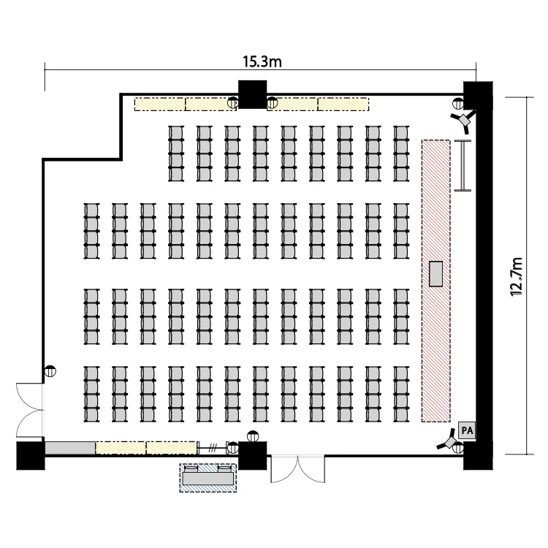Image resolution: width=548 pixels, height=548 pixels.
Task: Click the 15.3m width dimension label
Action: pyautogui.click(x=262, y=61)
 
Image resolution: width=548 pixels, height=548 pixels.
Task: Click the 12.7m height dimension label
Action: pyautogui.click(x=517, y=277)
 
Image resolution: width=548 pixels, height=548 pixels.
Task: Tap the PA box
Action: pyautogui.click(x=467, y=430)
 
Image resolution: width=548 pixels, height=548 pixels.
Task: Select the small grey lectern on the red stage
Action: pyautogui.click(x=435, y=274)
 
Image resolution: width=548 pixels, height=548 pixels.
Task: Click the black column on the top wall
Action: pyautogui.click(x=252, y=94)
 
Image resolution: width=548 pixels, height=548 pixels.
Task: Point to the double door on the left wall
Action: pyautogui.click(x=29, y=410)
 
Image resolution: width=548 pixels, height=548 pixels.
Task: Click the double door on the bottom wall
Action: pyautogui.click(x=298, y=469)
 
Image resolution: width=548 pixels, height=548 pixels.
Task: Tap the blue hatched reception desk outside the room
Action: pyautogui.click(x=208, y=478)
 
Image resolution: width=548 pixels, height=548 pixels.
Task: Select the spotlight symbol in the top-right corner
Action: pyautogui.click(x=464, y=121)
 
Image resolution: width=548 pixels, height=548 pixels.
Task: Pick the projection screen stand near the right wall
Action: pyautogui.click(x=463, y=165)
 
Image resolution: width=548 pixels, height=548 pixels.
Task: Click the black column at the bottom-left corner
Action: pyautogui.click(x=31, y=456)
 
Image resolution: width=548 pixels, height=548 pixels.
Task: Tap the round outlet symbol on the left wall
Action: pyautogui.click(x=50, y=370)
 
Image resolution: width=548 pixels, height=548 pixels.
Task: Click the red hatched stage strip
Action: pyautogui.click(x=435, y=281)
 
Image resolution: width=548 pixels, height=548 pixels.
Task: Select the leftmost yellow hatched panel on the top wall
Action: pyautogui.click(x=160, y=104)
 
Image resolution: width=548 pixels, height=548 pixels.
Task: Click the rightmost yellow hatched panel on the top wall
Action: pyautogui.click(x=343, y=104)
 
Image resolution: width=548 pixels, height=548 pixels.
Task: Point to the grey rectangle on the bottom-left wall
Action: pyautogui.click(x=70, y=448)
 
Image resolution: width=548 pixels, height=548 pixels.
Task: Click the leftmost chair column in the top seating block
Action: pyautogui.click(x=176, y=153)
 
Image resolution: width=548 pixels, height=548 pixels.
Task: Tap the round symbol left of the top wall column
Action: pyautogui.click(x=233, y=103)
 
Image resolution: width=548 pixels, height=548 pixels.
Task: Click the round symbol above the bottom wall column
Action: pyautogui.click(x=253, y=436)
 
